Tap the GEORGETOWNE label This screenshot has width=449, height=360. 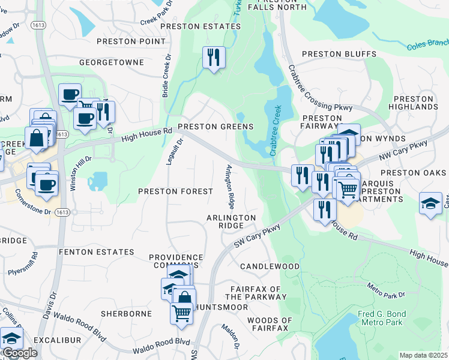(x=112, y=62)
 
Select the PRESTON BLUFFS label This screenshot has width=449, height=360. (x=339, y=54)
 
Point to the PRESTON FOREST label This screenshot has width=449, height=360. (x=175, y=191)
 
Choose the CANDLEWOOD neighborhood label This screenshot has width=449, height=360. (x=270, y=266)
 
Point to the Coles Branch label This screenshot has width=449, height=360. (x=427, y=45)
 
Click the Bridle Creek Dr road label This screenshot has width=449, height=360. (x=166, y=77)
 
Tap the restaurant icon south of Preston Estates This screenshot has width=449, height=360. (x=213, y=58)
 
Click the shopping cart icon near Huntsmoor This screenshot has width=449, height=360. (x=181, y=312)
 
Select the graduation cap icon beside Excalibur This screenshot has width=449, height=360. (x=11, y=338)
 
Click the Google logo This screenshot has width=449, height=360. (x=20, y=353)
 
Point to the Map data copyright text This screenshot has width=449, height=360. (x=424, y=355)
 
